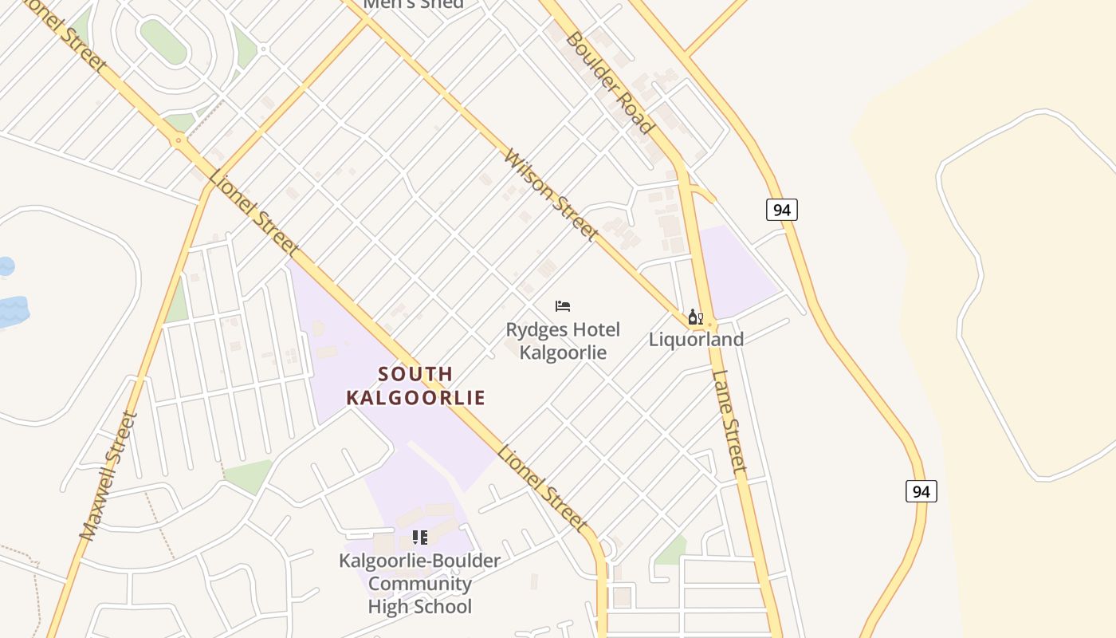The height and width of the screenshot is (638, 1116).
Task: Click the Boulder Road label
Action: pos(610,82)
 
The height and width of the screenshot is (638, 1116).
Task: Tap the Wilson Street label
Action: pos(551,195)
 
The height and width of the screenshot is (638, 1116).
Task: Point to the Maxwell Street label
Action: pos(104,475)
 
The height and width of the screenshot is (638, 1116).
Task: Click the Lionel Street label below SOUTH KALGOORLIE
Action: pos(543,488)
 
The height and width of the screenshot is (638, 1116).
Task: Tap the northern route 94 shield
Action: pos(782,210)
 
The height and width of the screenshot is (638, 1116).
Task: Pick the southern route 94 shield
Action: pos(921,491)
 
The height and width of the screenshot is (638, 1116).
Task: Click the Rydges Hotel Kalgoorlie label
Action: pos(564,341)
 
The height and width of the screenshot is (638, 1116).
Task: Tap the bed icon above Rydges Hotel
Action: pos(563,305)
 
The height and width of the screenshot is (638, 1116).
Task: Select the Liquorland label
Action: pos(696,339)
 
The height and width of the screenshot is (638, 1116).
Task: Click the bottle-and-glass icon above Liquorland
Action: pos(696,317)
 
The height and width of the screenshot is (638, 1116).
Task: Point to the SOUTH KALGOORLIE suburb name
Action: pos(415,385)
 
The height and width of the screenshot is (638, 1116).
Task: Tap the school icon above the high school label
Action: pos(420,538)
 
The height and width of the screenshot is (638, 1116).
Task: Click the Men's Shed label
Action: pos(413,4)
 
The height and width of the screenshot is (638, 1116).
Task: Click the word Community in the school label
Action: pos(420,584)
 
